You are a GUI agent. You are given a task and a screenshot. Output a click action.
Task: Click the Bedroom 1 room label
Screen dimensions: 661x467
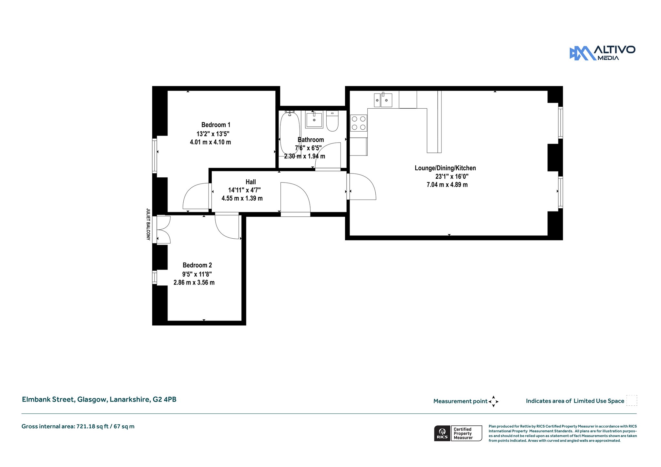(x=216, y=125)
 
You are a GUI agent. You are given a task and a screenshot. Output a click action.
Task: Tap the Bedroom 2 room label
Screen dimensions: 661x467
(x=197, y=265)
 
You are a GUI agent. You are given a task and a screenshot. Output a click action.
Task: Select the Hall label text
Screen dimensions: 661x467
(x=251, y=182)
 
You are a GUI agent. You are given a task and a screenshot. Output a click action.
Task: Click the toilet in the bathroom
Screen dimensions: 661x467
(x=332, y=121)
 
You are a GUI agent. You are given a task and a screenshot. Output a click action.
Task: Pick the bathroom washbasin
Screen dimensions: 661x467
(x=314, y=119)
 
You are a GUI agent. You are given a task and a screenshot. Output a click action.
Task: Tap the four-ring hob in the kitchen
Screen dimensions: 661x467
(x=359, y=123)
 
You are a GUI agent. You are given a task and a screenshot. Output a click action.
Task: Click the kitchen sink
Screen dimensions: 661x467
(x=383, y=100)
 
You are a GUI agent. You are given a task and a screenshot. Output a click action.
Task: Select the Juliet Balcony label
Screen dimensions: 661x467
(x=148, y=224)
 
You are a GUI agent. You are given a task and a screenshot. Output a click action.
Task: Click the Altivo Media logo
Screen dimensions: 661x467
(x=602, y=53)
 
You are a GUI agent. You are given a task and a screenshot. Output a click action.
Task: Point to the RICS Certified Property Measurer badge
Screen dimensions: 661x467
(x=458, y=433)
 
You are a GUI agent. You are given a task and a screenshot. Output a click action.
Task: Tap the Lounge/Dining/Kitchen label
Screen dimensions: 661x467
(x=445, y=168)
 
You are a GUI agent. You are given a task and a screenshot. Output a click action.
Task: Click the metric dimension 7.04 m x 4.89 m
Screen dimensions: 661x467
(x=447, y=185)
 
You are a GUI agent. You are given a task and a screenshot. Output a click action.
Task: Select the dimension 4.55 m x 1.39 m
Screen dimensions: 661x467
(x=242, y=198)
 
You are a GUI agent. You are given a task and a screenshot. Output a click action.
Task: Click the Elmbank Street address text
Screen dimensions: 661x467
(x=99, y=399)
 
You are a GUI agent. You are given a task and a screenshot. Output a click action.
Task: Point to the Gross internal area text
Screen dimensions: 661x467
(x=78, y=426)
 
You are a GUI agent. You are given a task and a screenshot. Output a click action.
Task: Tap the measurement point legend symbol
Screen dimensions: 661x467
(x=493, y=402)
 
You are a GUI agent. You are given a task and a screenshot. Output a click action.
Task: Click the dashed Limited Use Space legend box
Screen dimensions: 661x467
(x=632, y=400)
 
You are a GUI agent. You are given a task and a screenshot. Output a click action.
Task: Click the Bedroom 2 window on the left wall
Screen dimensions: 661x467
(x=155, y=277)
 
